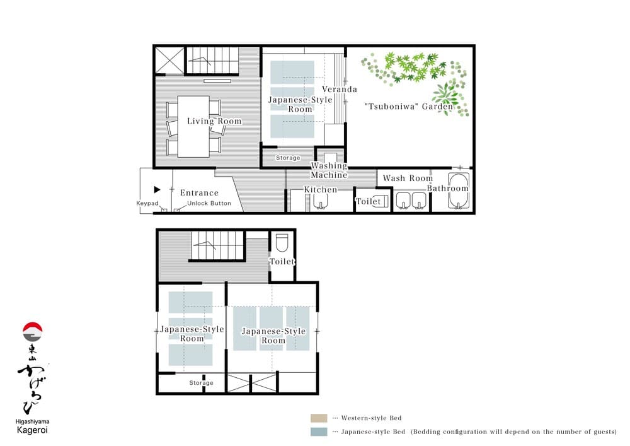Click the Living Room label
[215, 121]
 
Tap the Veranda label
[340, 90]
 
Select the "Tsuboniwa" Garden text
[409, 107]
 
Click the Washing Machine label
[329, 170]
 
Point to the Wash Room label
[408, 178]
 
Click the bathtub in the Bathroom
[459, 191]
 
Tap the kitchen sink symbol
[320, 201]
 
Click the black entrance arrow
[157, 189]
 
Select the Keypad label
[147, 203]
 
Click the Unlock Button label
[209, 203]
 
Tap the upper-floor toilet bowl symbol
[282, 242]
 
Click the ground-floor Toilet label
[369, 201]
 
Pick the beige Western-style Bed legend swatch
[319, 418]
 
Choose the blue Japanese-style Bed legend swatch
[319, 431]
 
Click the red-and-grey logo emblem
[33, 332]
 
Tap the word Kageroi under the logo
[32, 430]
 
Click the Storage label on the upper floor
[202, 382]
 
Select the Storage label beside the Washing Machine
[288, 158]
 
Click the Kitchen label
[321, 189]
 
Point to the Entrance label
[199, 192]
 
